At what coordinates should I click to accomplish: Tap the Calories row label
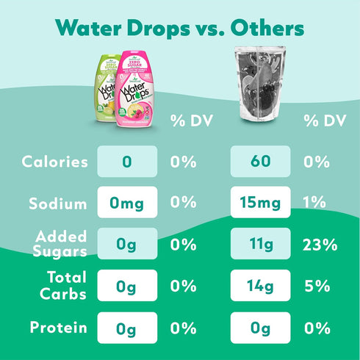click(x=55, y=162)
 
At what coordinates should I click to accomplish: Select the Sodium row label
click(x=58, y=203)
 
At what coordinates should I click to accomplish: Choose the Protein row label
click(x=57, y=327)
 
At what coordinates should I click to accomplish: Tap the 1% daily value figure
click(x=317, y=203)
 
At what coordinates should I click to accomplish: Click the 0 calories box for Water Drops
click(x=126, y=162)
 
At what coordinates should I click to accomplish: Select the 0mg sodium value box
click(x=126, y=203)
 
